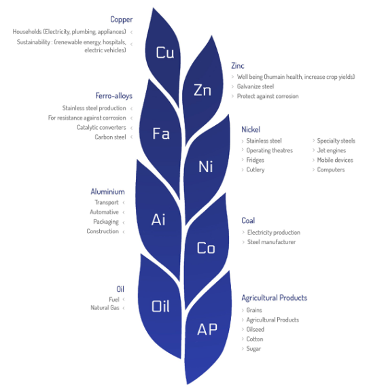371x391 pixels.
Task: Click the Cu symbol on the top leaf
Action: tap(164, 52)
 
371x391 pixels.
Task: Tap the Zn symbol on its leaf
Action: tap(202, 90)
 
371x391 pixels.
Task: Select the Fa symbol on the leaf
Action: tap(161, 133)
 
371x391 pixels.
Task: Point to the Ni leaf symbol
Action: tap(206, 167)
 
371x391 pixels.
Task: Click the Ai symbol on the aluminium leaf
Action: tap(158, 220)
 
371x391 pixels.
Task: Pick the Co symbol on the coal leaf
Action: tap(206, 248)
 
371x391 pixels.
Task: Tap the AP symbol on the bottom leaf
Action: tap(207, 329)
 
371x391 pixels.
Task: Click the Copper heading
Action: tap(122, 20)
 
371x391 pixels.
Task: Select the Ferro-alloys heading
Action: tap(113, 96)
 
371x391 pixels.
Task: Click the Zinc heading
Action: tap(238, 65)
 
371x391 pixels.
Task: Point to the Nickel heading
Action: tap(251, 129)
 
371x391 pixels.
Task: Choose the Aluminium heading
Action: tap(107, 192)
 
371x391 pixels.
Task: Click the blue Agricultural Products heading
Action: tap(274, 298)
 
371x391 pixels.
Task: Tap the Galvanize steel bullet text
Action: tap(255, 86)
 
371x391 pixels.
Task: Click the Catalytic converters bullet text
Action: tap(101, 127)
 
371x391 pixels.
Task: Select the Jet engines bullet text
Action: tap(332, 150)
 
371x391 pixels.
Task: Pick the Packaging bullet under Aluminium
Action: tap(106, 222)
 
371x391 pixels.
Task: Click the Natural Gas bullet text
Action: tap(105, 308)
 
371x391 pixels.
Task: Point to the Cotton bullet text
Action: tap(255, 339)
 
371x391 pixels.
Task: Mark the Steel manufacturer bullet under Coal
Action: tap(271, 242)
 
